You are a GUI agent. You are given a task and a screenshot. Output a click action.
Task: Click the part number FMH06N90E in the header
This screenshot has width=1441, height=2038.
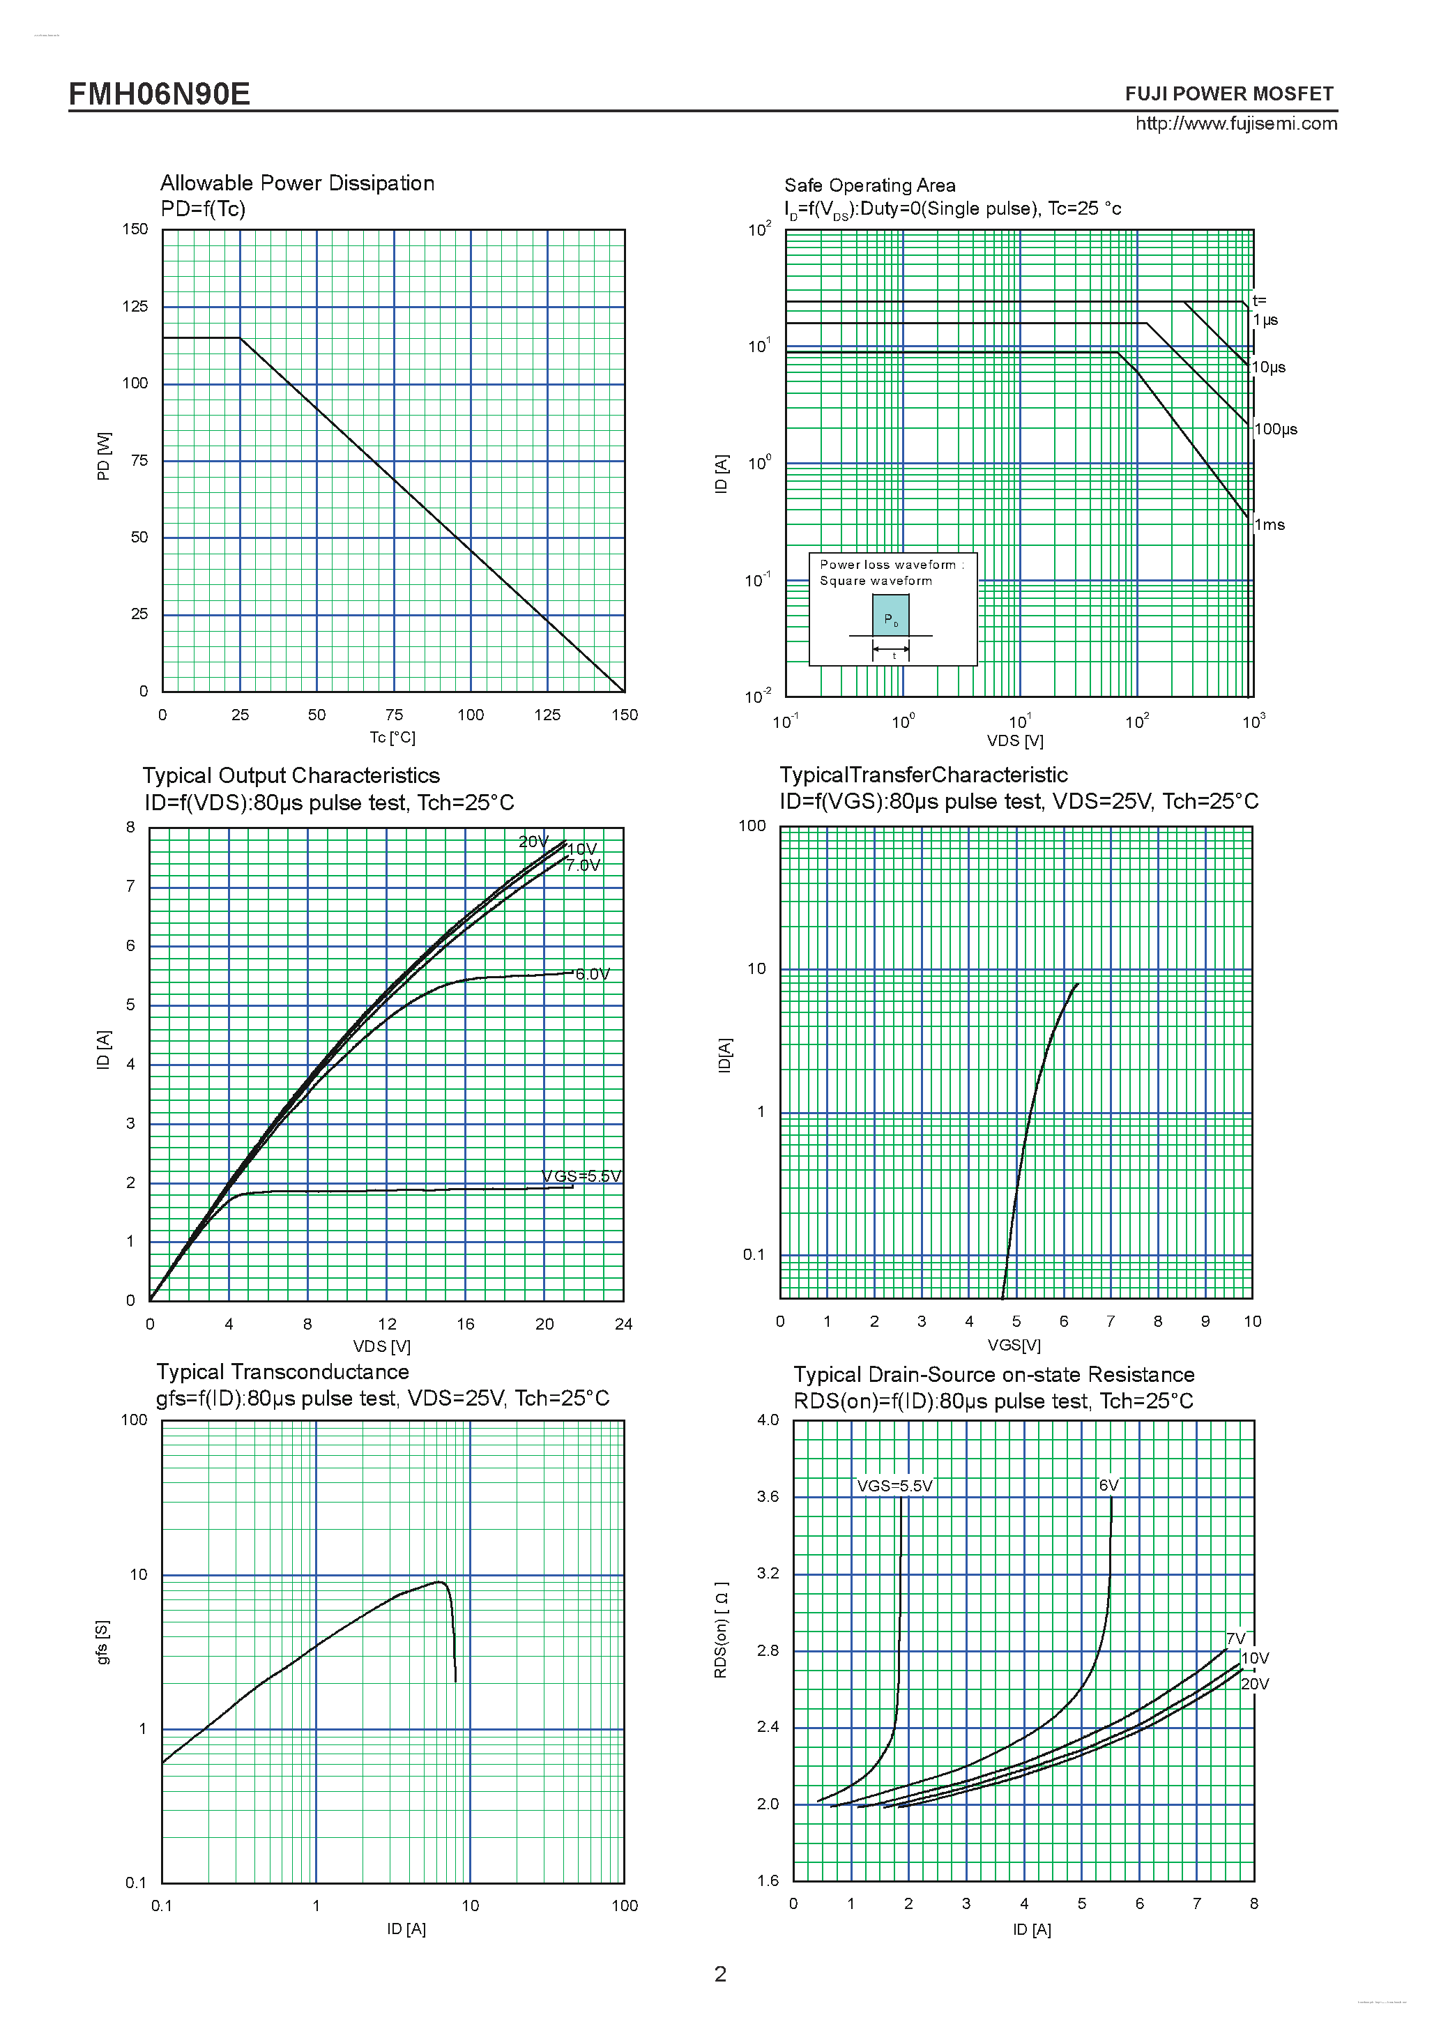[x=160, y=93]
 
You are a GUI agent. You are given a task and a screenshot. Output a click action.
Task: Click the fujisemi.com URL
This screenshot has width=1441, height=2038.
[x=1236, y=123]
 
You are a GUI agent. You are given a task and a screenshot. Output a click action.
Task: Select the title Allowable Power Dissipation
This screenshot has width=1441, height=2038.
[x=297, y=183]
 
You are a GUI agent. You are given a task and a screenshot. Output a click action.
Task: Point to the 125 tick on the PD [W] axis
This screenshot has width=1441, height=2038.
[x=135, y=306]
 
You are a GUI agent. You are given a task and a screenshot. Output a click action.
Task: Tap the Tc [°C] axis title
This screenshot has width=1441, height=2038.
[x=392, y=738]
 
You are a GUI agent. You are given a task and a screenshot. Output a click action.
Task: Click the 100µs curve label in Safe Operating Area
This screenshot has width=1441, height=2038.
[x=1275, y=429]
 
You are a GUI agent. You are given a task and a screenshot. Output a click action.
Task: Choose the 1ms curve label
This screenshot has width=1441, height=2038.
[x=1269, y=524]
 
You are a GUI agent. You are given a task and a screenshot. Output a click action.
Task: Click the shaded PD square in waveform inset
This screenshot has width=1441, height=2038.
[x=890, y=615]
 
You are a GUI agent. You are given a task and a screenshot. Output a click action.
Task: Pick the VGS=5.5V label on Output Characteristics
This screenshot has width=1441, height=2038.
[x=581, y=1176]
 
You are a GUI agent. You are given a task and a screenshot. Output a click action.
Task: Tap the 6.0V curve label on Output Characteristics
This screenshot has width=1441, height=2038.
[x=592, y=974]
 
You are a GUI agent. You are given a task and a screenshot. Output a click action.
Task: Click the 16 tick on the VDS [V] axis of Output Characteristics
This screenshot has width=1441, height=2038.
[x=465, y=1324]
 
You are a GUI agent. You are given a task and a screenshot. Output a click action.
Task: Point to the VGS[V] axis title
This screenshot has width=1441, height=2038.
[x=1014, y=1345]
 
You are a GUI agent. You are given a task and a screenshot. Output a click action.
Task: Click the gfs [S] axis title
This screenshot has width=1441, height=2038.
[x=103, y=1642]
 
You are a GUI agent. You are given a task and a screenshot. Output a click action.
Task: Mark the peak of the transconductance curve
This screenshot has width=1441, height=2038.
[x=439, y=1582]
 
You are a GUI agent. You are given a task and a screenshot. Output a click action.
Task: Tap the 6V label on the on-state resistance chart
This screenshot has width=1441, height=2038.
[x=1108, y=1485]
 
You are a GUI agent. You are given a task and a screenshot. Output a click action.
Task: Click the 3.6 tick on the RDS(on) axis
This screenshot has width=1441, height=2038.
[x=768, y=1496]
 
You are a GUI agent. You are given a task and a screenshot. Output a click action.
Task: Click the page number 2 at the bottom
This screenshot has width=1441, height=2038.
[x=721, y=1974]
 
